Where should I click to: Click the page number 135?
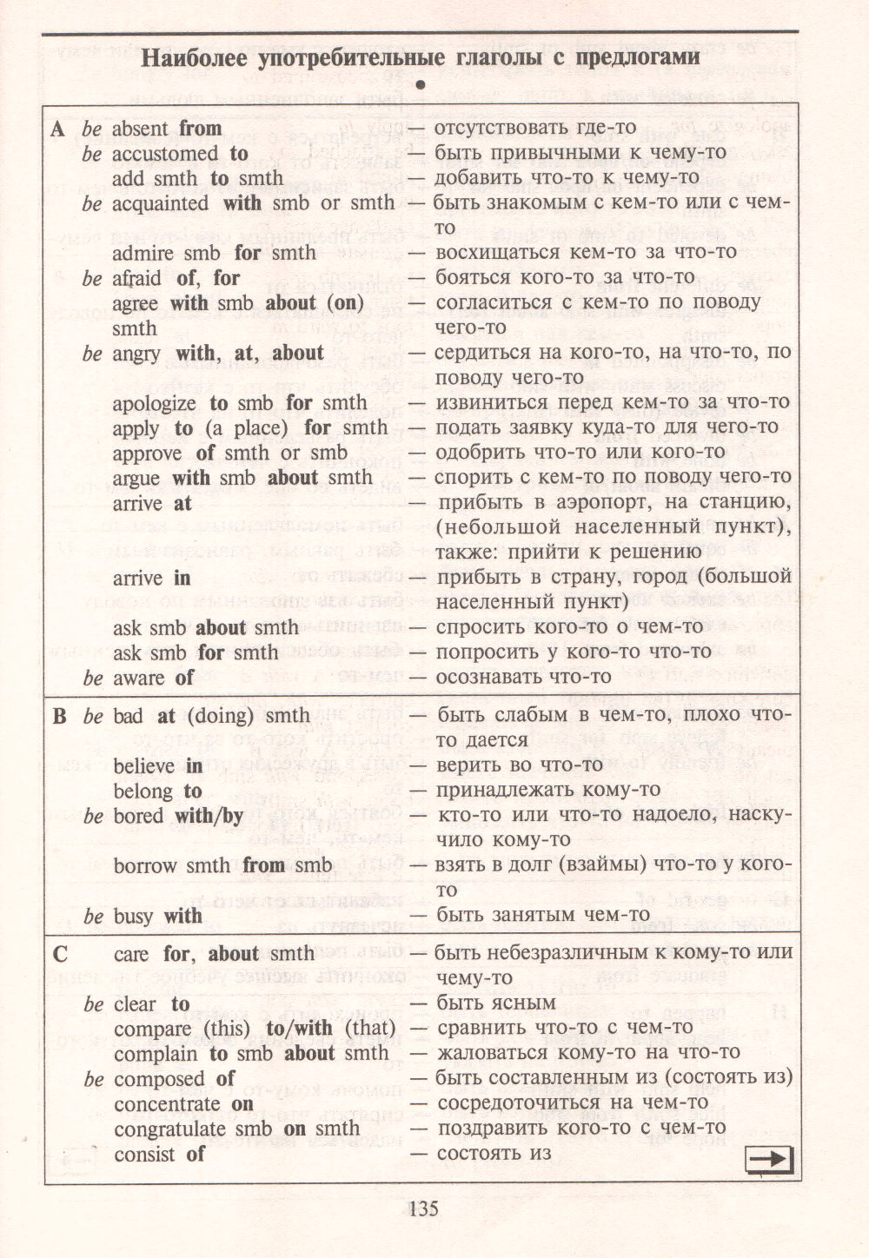pyautogui.click(x=421, y=1208)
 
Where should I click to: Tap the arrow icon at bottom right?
pyautogui.click(x=770, y=1158)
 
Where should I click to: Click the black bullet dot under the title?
pyautogui.click(x=422, y=85)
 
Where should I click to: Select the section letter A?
pyautogui.click(x=57, y=129)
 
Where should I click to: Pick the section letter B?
pyautogui.click(x=59, y=716)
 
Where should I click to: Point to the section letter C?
pyautogui.click(x=59, y=954)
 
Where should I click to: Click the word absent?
pyautogui.click(x=141, y=129)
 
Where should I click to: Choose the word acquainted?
pyautogui.click(x=161, y=203)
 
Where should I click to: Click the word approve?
pyautogui.click(x=148, y=453)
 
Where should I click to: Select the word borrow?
pyautogui.click(x=145, y=865)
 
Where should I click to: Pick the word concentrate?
pyautogui.click(x=167, y=1103)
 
